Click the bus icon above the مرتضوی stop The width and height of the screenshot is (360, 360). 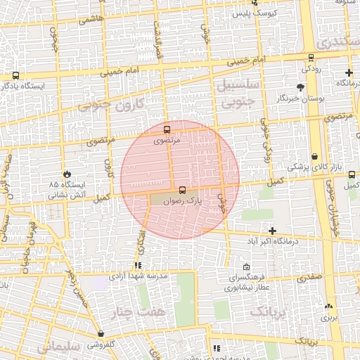click(x=167, y=130)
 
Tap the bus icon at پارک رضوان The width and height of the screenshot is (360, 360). click(x=183, y=190)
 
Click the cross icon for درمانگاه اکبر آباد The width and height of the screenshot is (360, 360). click(x=272, y=231)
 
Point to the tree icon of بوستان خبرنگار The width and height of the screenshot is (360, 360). click(x=301, y=88)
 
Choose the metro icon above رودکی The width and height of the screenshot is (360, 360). click(x=310, y=58)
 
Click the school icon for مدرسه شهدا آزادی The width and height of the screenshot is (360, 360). click(x=138, y=265)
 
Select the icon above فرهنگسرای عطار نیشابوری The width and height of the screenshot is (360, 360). click(x=246, y=267)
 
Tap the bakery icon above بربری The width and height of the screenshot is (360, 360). click(x=328, y=307)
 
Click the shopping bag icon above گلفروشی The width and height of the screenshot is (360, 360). click(x=103, y=334)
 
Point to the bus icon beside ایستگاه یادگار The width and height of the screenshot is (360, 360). click(x=15, y=75)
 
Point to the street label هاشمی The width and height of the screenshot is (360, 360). click(x=90, y=20)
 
